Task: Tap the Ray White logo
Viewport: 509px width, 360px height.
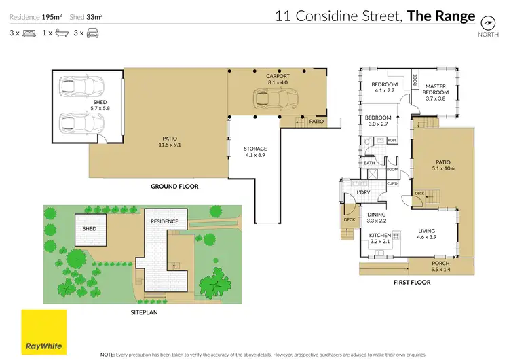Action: (x=44, y=331)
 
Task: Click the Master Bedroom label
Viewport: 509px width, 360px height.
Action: (x=436, y=93)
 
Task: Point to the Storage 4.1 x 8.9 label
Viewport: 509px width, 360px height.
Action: (x=255, y=151)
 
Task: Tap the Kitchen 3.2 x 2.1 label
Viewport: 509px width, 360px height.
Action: (x=379, y=238)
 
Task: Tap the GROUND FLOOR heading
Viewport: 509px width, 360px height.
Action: (x=174, y=186)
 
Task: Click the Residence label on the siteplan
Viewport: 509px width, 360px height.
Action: (x=164, y=221)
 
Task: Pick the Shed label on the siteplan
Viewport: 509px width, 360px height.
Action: (x=90, y=229)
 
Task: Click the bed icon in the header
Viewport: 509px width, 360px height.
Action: (x=29, y=32)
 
